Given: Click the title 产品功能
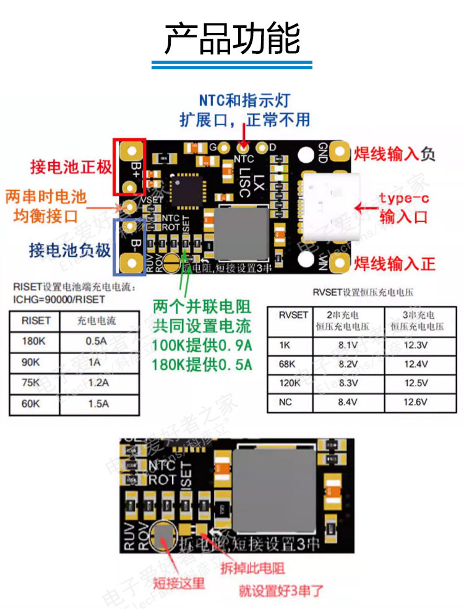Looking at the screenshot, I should [x=232, y=38].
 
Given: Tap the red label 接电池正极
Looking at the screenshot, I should [x=71, y=167].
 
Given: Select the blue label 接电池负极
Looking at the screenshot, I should [x=70, y=249].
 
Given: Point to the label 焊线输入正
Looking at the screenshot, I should [x=395, y=264].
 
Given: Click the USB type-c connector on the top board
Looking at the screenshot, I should [x=328, y=207].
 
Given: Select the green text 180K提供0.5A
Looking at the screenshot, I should [x=202, y=365].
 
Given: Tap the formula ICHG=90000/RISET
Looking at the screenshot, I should [x=59, y=300].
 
